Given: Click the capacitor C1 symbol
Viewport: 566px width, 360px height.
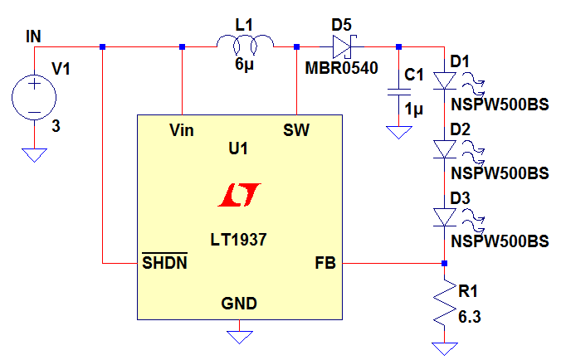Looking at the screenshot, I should pyautogui.click(x=398, y=96).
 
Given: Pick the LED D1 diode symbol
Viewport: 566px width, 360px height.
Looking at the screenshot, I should pyautogui.click(x=444, y=80).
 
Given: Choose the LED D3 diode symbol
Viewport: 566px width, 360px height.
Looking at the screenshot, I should pyautogui.click(x=444, y=216).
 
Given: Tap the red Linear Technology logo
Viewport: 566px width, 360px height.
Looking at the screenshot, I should pyautogui.click(x=239, y=195).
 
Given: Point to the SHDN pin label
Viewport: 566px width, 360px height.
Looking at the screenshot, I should pyautogui.click(x=163, y=264).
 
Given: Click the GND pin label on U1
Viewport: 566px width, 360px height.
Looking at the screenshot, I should pyautogui.click(x=239, y=302).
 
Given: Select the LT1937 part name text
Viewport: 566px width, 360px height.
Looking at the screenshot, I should pyautogui.click(x=239, y=239).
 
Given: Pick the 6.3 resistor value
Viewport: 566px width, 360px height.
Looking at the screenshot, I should pyautogui.click(x=470, y=315).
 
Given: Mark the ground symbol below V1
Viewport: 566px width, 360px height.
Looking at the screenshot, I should pyautogui.click(x=34, y=154).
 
